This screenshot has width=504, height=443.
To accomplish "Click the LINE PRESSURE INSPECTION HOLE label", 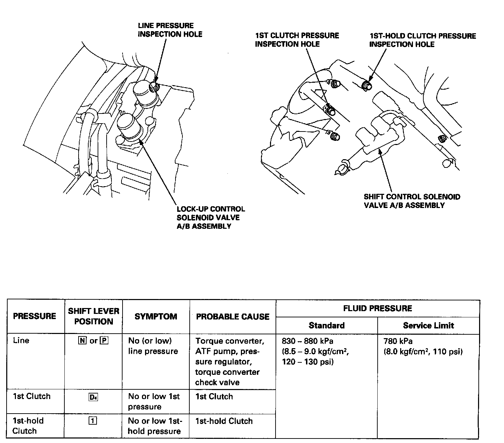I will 170,30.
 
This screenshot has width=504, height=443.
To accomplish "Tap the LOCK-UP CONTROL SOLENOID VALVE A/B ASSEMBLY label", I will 210,218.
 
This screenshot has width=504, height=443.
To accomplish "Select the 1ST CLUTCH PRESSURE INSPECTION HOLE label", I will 297,40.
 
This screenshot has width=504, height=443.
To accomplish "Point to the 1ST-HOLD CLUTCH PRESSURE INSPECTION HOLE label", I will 422,40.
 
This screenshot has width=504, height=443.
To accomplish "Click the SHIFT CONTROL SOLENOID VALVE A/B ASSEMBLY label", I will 412,201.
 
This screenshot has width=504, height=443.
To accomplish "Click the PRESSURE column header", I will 34,316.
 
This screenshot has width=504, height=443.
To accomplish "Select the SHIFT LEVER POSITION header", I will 93,316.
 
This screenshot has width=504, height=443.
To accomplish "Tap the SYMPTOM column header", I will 156,316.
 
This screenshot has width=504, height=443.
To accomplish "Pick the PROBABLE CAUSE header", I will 233,317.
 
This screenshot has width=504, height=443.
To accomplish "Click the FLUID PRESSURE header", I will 377,308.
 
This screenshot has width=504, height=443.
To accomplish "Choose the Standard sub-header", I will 326,325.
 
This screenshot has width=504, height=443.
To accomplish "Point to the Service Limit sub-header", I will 428,325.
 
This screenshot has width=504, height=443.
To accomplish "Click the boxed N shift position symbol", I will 82,341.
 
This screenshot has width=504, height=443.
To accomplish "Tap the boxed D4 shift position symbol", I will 93,397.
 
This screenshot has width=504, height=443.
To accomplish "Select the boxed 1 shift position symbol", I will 93,421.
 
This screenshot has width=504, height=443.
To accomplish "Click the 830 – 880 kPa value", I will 307,341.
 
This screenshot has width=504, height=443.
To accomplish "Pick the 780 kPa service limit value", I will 398,341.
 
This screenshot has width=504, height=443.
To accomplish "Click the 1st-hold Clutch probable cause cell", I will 224,421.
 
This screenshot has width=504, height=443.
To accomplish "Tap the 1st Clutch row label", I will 31,396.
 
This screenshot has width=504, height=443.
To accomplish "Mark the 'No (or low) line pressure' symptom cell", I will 153,346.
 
